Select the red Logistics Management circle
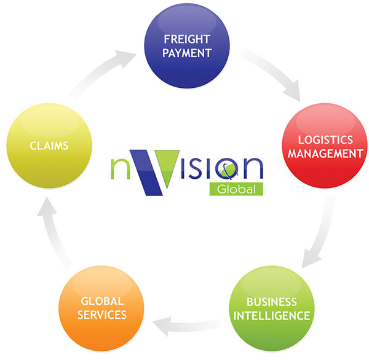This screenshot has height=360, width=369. click(x=324, y=146)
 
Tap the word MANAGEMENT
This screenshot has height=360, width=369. click(x=324, y=153)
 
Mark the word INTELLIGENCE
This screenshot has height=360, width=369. click(x=271, y=316)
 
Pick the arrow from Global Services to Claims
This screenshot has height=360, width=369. click(x=52, y=233)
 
